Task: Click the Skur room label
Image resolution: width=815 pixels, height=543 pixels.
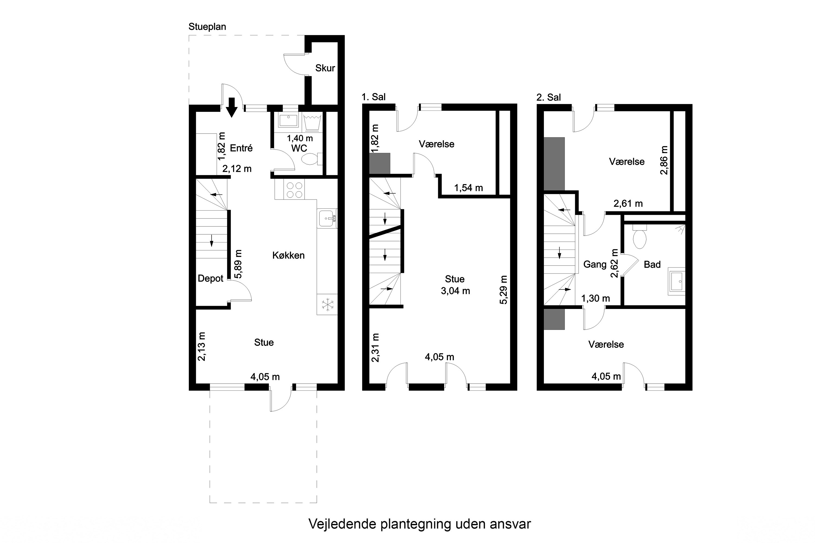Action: [x=325, y=68]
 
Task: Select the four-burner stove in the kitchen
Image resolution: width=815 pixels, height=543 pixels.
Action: [x=294, y=190]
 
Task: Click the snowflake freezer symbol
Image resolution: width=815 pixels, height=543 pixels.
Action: [x=327, y=305]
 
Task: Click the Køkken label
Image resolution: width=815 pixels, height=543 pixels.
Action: [x=288, y=255]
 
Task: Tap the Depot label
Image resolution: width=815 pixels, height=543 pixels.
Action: [x=210, y=279]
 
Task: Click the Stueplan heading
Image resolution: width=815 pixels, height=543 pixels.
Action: [x=207, y=27]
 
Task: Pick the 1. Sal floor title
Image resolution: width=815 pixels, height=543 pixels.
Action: [x=374, y=97]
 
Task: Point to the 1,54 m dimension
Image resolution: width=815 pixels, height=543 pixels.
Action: [x=468, y=188]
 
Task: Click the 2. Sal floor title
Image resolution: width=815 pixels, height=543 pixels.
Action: [x=548, y=97]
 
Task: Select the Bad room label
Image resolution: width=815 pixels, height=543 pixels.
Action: [x=652, y=264]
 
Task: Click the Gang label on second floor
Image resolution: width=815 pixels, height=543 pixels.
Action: [x=595, y=264]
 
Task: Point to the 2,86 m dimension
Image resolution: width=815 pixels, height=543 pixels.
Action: [x=664, y=160]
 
